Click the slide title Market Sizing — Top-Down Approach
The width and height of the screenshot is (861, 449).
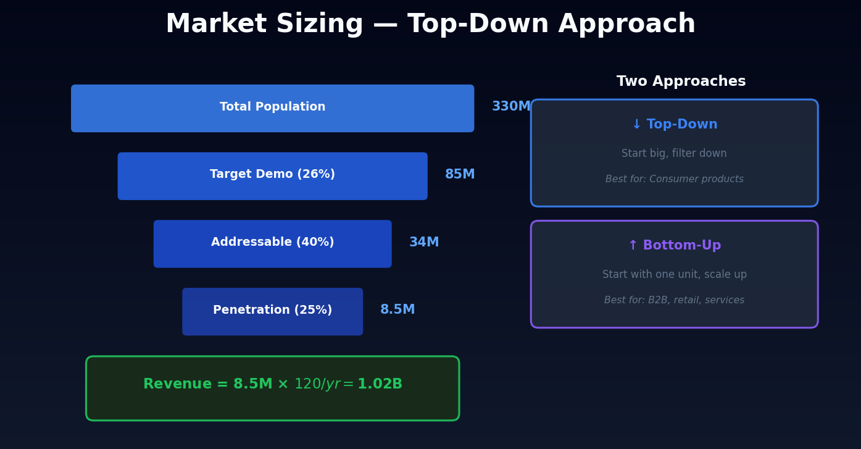point(430,25)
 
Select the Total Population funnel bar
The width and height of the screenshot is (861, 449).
point(272,108)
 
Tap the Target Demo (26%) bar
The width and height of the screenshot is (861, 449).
point(272,175)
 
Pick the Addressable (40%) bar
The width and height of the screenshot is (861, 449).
point(272,243)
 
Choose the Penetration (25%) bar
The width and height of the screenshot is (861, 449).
point(272,311)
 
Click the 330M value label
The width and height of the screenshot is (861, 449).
point(510,107)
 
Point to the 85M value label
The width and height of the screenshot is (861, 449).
point(460,175)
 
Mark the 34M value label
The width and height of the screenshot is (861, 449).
point(424,243)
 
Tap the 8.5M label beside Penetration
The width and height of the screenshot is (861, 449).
point(397,310)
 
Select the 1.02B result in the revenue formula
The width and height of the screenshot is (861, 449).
point(380,384)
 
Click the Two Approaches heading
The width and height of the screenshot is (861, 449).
point(681,82)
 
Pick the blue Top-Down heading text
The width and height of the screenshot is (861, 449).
point(682,125)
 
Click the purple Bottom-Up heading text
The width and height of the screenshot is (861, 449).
point(681,246)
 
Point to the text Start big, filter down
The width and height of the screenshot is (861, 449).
point(674,154)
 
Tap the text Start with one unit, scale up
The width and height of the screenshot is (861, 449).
point(674,275)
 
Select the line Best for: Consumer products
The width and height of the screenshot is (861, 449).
point(674,179)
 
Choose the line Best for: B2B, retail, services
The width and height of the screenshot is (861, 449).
point(674,300)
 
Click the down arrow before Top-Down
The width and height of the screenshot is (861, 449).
point(636,125)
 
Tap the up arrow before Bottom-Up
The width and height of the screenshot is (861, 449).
point(633,246)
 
